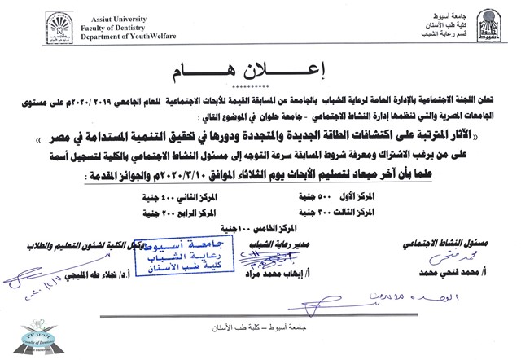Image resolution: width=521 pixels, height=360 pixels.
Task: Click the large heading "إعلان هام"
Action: pos(259,70)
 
